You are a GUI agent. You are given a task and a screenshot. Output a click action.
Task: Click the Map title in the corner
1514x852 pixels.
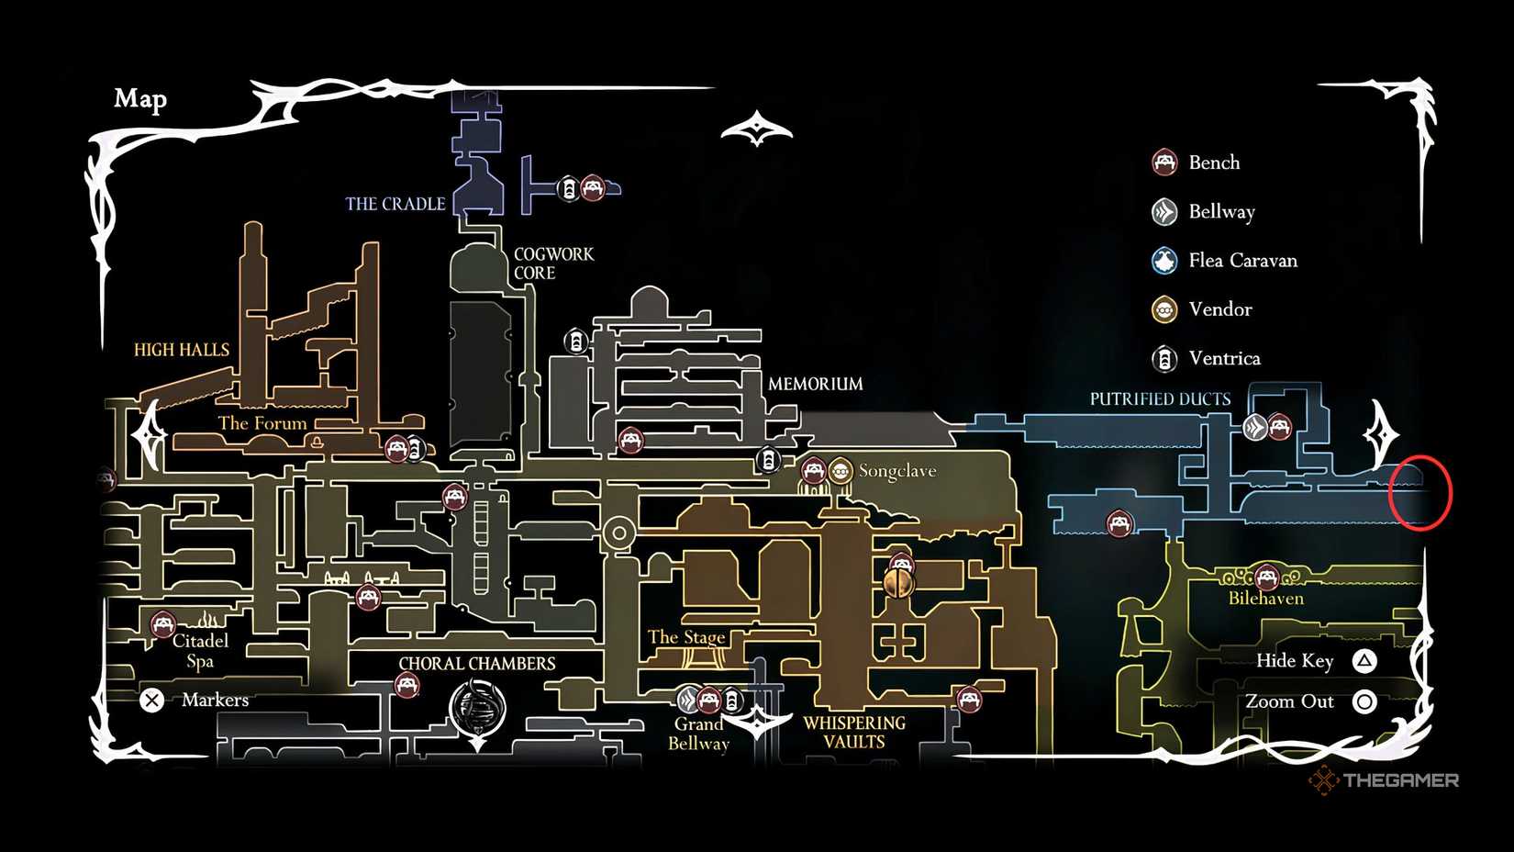(140, 98)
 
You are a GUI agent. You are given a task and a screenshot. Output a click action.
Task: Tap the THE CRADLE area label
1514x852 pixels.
(395, 204)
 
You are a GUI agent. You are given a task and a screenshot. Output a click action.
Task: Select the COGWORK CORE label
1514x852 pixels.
(553, 263)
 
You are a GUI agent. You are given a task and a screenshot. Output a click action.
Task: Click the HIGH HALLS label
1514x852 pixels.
(182, 350)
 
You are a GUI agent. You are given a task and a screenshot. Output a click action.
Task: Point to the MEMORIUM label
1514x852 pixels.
(815, 384)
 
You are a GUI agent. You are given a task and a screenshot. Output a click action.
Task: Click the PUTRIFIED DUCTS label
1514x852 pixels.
(1160, 399)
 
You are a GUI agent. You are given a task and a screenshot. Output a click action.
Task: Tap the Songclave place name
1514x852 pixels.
(896, 471)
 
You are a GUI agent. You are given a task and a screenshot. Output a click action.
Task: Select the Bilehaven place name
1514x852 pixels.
(1265, 599)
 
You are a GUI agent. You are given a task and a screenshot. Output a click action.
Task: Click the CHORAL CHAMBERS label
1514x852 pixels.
(476, 664)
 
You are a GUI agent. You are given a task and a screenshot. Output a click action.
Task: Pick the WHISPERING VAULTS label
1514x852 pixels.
(853, 733)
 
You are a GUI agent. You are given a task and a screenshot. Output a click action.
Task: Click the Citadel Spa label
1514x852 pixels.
(200, 650)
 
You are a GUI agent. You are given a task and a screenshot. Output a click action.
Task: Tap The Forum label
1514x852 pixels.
(262, 423)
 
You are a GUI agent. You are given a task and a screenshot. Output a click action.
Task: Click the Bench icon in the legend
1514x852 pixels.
(1164, 163)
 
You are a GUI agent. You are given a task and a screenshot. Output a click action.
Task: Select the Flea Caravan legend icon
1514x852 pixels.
(1164, 261)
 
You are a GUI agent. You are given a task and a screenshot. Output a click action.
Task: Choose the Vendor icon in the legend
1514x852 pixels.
(1164, 309)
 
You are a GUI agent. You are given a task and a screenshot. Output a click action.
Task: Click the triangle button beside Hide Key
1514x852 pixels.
(1364, 661)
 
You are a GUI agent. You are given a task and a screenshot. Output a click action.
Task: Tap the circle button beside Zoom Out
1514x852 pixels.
(1364, 702)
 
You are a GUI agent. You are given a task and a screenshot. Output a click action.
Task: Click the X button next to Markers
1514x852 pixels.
(152, 701)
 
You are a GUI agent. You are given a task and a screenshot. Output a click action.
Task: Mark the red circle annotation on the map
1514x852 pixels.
(1419, 493)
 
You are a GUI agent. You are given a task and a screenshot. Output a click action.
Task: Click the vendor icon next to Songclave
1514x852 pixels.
(840, 472)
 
